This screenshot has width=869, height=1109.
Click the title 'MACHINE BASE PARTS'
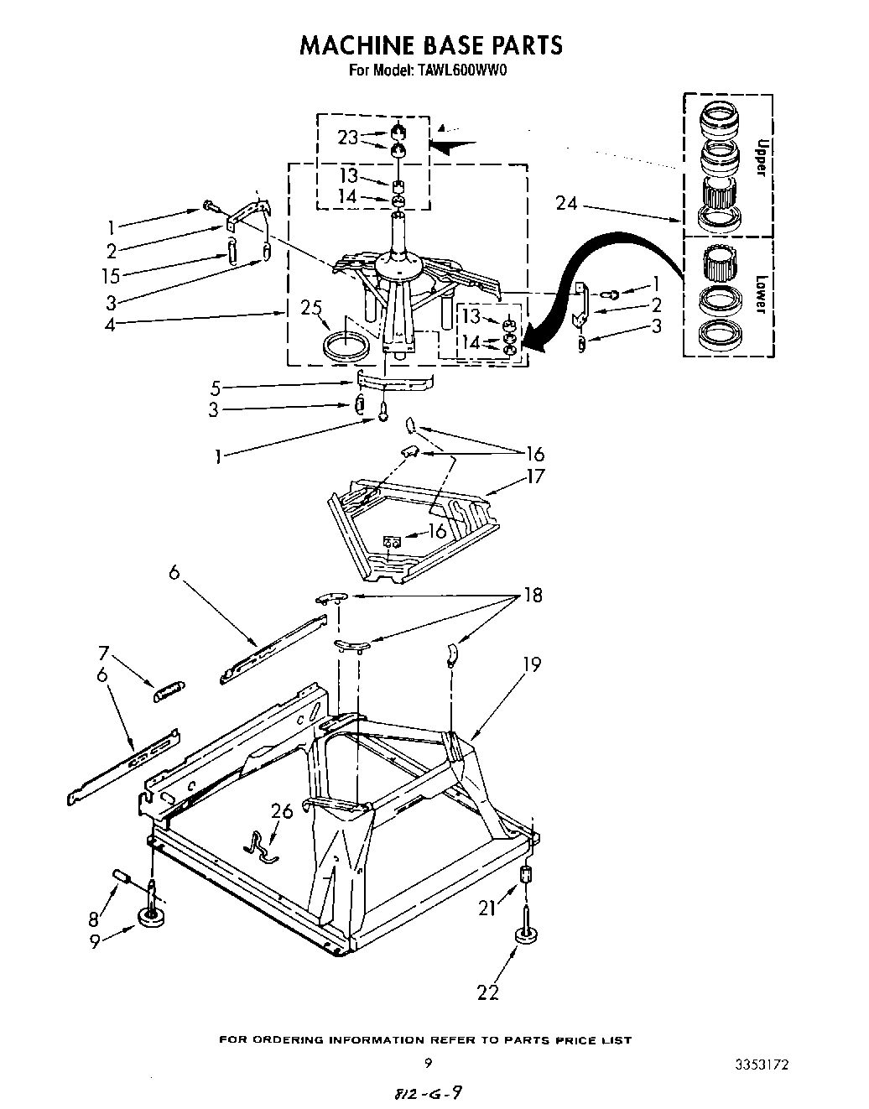(x=431, y=44)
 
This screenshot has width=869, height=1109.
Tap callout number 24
(x=567, y=202)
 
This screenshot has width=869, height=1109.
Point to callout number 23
(x=348, y=137)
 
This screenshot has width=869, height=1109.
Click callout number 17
(x=535, y=476)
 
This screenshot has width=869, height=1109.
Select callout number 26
(x=282, y=811)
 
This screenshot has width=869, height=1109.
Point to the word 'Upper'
(x=760, y=157)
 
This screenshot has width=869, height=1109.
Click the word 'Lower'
(x=760, y=294)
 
